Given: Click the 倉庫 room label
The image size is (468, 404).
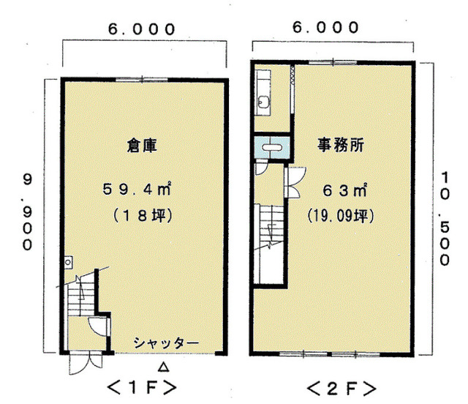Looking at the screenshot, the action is click(x=142, y=146).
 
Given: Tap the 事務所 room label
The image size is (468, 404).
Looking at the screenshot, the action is click(x=340, y=145).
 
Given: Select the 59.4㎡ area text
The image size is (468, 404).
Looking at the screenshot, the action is click(x=137, y=189).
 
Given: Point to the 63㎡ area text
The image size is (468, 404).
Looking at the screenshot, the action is click(x=344, y=190).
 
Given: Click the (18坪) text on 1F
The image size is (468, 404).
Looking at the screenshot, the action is click(x=143, y=215).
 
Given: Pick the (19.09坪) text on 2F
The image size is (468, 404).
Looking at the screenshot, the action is click(x=341, y=215).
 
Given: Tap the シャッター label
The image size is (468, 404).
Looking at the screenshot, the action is click(x=166, y=343).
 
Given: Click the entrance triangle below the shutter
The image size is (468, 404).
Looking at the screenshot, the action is click(x=163, y=367).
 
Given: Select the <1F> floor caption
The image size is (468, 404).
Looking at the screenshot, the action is click(x=142, y=388).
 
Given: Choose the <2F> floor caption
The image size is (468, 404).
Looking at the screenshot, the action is click(x=341, y=389).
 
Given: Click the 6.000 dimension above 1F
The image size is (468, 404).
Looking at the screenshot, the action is click(x=141, y=29).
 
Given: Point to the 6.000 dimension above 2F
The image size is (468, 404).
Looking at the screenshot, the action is click(x=325, y=28).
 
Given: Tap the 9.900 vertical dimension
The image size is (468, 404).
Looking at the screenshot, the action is click(x=28, y=212).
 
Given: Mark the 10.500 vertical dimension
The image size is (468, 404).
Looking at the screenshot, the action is click(x=445, y=219).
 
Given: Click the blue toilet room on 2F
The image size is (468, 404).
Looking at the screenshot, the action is click(x=272, y=147).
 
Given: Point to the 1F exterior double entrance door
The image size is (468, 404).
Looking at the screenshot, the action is click(x=86, y=364).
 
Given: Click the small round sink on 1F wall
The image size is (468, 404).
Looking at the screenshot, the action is click(x=68, y=262).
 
